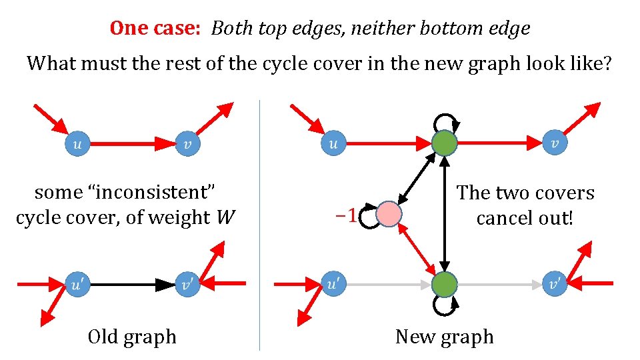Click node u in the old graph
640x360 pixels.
77,143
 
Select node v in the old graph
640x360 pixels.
187,143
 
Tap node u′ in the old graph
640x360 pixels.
77,285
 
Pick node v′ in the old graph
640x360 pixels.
187,285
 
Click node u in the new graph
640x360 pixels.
333,143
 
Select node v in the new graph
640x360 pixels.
555,143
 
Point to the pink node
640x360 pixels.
389,215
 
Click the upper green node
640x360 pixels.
444,143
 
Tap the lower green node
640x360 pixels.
444,285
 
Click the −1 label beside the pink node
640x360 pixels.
345,215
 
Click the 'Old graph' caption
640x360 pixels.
132,337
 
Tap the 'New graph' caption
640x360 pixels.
444,337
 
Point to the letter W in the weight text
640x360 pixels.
225,218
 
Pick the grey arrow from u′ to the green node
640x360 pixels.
387,285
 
